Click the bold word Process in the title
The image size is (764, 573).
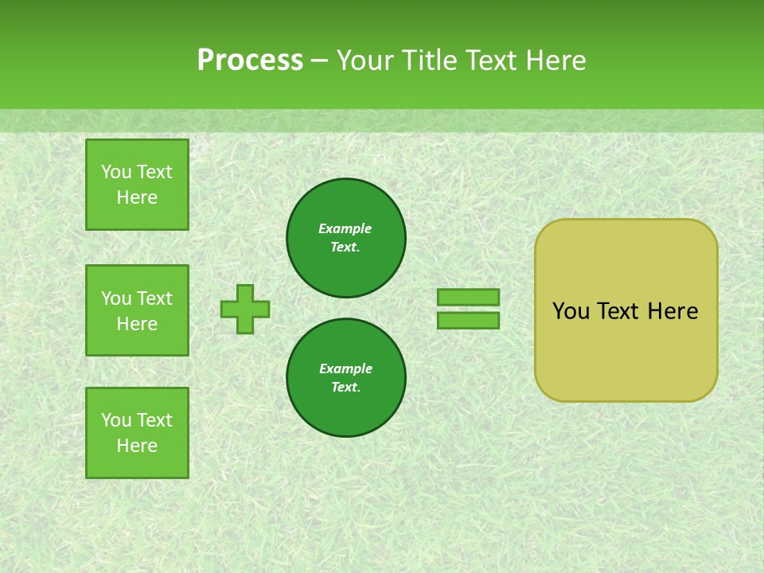[250, 60]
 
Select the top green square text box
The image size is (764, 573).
[137, 185]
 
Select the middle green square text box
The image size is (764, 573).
[137, 310]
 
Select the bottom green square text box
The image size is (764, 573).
[137, 433]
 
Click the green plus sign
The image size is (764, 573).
[245, 309]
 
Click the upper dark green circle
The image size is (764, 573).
[345, 237]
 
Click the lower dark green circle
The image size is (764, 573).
[345, 377]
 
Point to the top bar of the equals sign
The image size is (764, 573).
[468, 297]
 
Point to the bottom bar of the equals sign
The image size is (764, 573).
[468, 320]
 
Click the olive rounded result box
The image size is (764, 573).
[626, 350]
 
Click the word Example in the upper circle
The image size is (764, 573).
[345, 228]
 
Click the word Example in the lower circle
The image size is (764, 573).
[345, 368]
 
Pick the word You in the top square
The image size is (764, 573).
[116, 172]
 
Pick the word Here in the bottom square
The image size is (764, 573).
[137, 446]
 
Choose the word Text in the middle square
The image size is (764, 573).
[154, 298]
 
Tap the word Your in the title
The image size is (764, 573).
[366, 60]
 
